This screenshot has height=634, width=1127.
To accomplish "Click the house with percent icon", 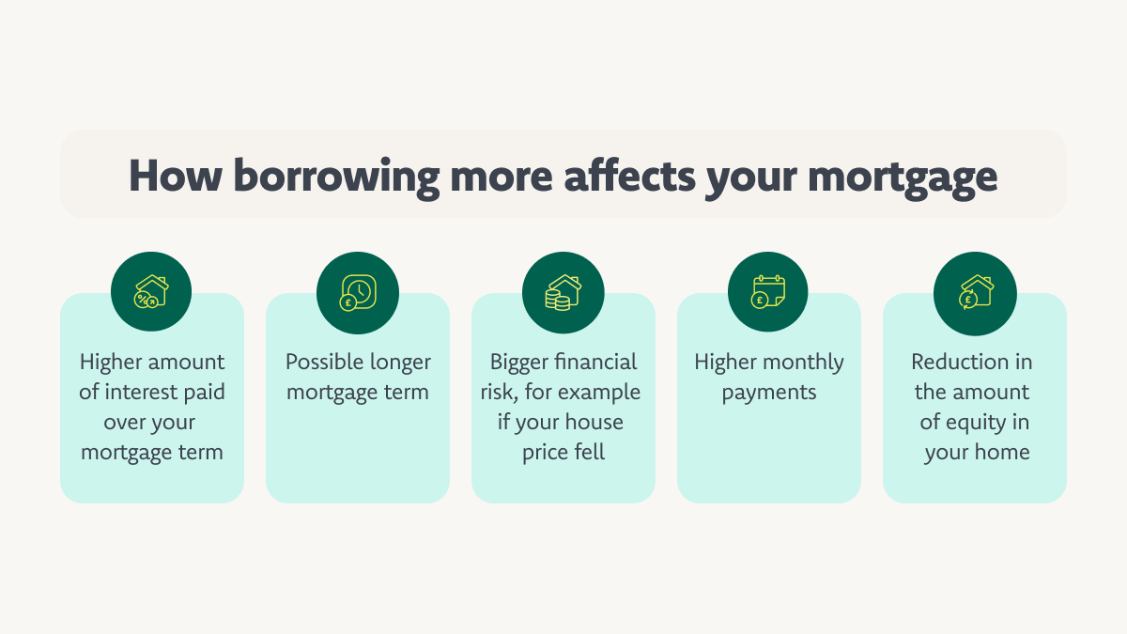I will pyautogui.click(x=151, y=292).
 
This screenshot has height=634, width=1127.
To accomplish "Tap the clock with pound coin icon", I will pyautogui.click(x=357, y=292).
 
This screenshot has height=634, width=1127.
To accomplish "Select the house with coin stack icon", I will pyautogui.click(x=563, y=292).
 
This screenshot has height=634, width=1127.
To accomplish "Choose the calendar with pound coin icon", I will pyautogui.click(x=768, y=292).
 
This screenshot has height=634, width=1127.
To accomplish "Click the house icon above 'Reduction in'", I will pyautogui.click(x=974, y=292).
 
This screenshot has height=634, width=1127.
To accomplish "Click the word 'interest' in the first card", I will pyautogui.click(x=138, y=393).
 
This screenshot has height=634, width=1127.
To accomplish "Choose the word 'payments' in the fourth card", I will pyautogui.click(x=768, y=393).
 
